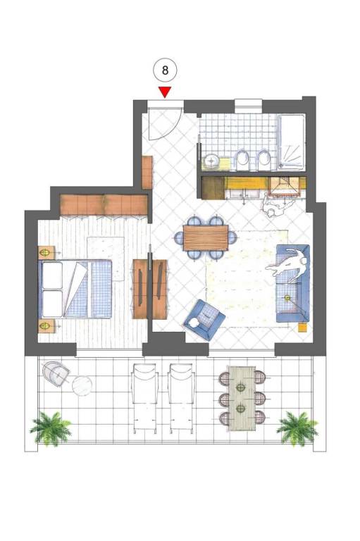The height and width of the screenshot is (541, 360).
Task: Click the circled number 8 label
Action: [165, 70]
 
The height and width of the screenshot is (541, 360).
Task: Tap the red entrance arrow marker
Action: [165, 92]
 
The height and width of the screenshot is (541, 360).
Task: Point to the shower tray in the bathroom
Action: [292, 142]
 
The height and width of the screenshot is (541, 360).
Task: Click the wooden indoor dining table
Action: [206, 237]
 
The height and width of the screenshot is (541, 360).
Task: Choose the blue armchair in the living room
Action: [204, 320]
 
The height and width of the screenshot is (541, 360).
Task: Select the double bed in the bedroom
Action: [76, 289]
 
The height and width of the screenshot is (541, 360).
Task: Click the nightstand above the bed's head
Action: [46, 253]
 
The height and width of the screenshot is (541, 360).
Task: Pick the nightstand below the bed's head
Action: [46, 325]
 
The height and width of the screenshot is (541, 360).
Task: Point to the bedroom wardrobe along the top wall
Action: [104, 204]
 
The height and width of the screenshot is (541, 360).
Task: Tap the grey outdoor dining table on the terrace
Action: [242, 399]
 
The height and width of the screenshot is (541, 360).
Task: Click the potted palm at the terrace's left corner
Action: [51, 427]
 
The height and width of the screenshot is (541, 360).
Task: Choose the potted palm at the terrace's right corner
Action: [297, 428]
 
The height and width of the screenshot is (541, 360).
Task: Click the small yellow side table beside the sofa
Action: [302, 327]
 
